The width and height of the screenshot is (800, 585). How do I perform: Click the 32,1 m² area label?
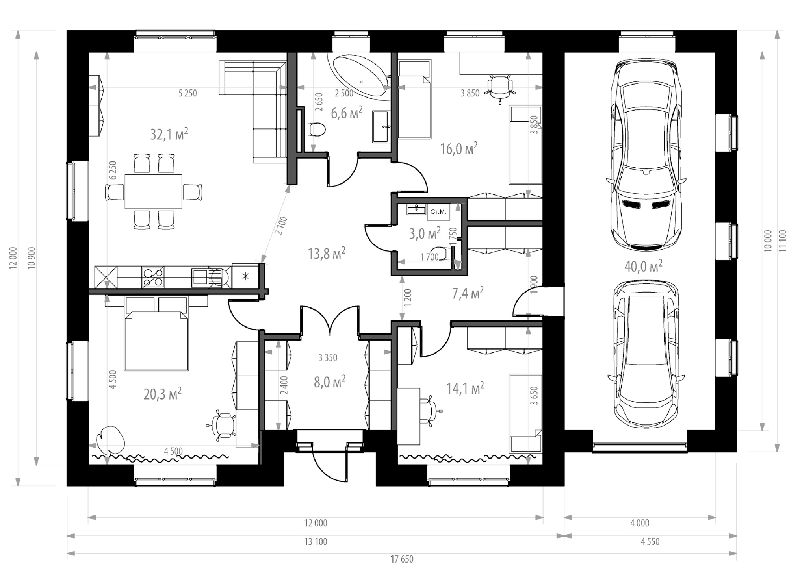click(x=169, y=134)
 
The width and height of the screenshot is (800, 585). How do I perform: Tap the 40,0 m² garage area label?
click(x=643, y=267)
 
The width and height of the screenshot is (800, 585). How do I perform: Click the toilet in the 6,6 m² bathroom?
click(x=315, y=129)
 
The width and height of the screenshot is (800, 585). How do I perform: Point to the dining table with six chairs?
click(x=154, y=191)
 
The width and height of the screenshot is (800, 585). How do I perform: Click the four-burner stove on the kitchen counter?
click(x=153, y=277)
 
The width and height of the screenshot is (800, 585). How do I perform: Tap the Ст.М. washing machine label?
click(x=438, y=212)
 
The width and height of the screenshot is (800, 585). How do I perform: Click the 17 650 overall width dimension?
click(x=402, y=559)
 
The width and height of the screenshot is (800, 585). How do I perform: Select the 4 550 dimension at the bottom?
click(x=650, y=541)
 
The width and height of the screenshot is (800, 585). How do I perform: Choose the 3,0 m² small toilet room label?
click(x=425, y=233)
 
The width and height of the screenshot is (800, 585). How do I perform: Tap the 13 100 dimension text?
click(x=316, y=541)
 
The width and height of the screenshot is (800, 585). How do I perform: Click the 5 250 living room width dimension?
click(x=187, y=93)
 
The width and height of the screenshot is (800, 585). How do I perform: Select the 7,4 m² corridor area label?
click(x=468, y=293)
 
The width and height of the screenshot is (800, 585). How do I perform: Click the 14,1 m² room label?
click(x=465, y=389)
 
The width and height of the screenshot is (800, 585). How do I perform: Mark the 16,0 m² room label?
click(x=459, y=149)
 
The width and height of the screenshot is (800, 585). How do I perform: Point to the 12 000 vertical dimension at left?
click(x=13, y=258)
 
